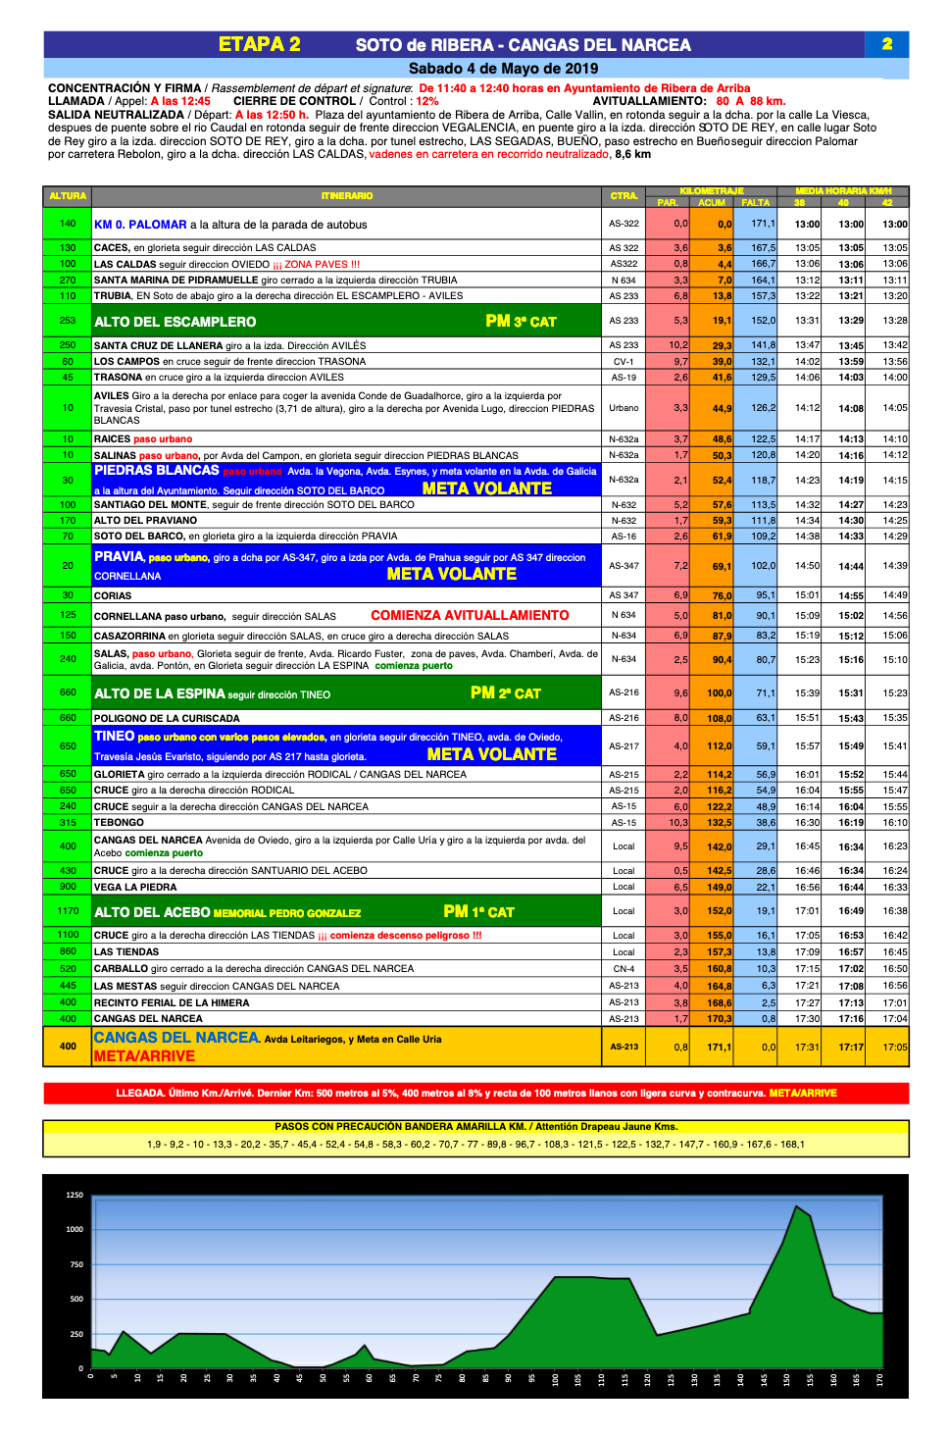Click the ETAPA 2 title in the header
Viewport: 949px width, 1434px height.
[259, 44]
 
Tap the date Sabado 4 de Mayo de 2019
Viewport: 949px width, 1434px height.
[503, 69]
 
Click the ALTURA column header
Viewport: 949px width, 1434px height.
[68, 196]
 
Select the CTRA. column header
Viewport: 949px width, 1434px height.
[624, 196]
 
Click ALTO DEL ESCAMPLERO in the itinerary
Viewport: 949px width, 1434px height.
[175, 322]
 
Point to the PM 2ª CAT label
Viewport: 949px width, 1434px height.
[505, 693]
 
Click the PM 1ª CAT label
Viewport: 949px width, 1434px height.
[478, 912]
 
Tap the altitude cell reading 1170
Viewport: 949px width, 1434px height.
[68, 911]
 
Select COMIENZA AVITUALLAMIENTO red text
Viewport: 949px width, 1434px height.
[470, 616]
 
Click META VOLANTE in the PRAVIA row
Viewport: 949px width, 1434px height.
[451, 574]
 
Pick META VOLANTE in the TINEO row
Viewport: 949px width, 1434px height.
[491, 754]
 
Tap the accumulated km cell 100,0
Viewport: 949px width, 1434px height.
[719, 693]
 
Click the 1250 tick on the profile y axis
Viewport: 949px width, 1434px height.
[75, 1196]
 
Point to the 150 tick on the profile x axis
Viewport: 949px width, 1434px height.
[786, 1379]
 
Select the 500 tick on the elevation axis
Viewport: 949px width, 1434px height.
[75, 1299]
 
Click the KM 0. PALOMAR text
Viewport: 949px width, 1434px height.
[140, 225]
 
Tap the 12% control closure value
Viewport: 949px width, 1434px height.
[427, 101]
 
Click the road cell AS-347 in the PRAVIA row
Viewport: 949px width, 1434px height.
[624, 566]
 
